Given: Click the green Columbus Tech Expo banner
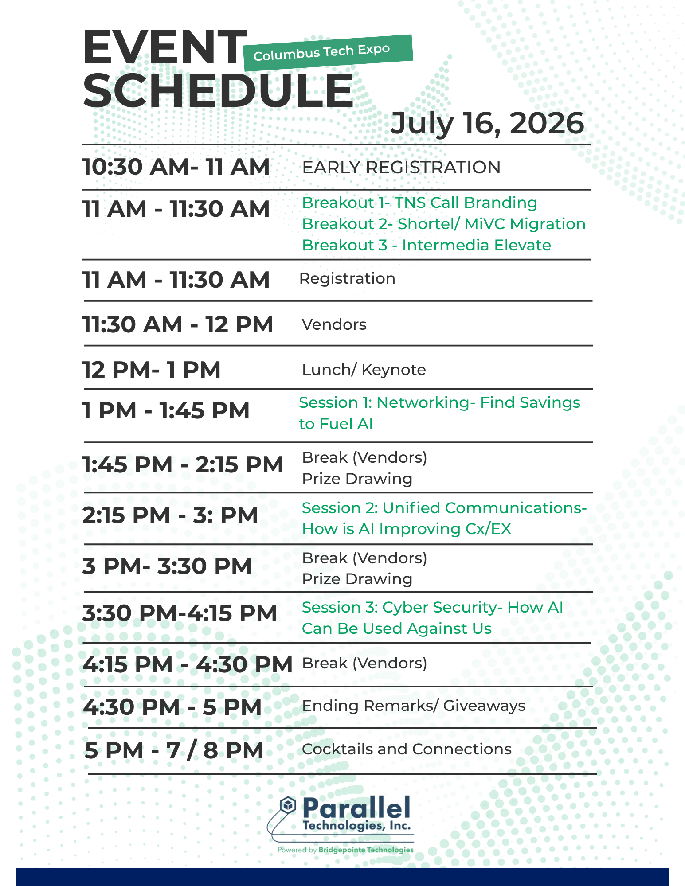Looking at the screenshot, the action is point(328,53).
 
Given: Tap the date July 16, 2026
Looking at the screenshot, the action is point(487,124).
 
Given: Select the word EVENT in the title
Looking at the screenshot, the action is point(164,47).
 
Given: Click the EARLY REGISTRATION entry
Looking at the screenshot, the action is point(401,168).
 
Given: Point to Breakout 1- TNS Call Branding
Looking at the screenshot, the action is point(419,203).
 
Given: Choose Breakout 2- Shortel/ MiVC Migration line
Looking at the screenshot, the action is point(444,224).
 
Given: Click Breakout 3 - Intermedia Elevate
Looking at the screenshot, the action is point(427,245).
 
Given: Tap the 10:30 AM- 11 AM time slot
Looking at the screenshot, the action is point(176,167).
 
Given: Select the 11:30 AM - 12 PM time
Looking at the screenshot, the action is point(178,324).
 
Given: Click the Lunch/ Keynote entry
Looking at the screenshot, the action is point(364,370).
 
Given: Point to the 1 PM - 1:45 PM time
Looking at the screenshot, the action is point(166,410).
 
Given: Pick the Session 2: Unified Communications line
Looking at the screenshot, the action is point(444,508).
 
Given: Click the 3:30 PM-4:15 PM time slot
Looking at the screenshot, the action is point(180,613).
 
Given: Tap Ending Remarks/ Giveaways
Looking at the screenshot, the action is point(414,706).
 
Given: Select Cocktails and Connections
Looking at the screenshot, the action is point(407,749).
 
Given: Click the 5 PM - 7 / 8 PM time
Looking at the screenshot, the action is point(174,751).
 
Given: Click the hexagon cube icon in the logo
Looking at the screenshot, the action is point(288,805).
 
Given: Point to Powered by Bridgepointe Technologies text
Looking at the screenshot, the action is point(345,850).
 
